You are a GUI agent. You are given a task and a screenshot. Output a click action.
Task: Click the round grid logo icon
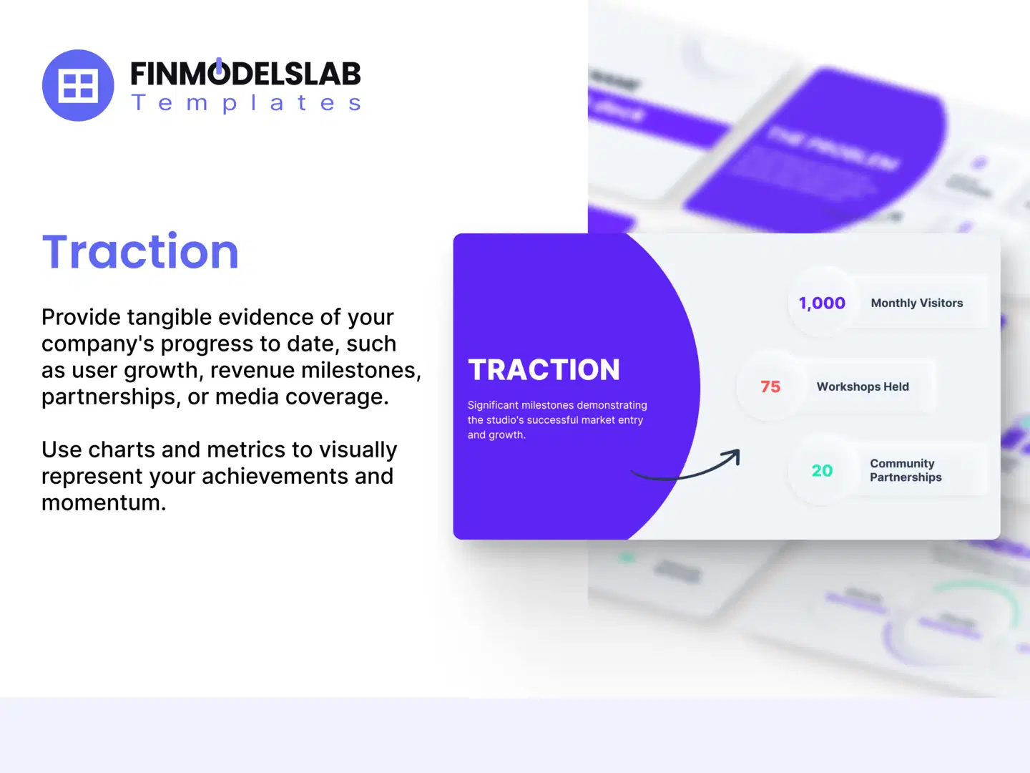coord(78,85)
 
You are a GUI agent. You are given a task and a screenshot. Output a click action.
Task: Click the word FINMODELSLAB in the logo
coord(245,74)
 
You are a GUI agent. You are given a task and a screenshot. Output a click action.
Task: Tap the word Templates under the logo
coord(246,103)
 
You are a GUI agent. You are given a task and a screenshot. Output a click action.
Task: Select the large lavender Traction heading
coord(140,252)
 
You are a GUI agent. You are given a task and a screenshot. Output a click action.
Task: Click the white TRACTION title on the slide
coord(544,370)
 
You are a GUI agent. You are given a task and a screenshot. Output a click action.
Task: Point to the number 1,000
coord(822,303)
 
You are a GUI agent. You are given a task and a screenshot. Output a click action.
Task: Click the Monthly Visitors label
coord(916,303)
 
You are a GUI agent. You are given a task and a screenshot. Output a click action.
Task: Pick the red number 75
coord(770,387)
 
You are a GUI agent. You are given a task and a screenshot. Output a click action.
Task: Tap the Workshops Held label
coord(863,387)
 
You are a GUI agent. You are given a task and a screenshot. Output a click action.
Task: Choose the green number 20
coord(822,471)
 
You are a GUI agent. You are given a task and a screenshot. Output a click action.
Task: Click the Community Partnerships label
coord(905,470)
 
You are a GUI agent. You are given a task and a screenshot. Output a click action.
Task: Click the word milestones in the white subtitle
coord(547,405)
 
